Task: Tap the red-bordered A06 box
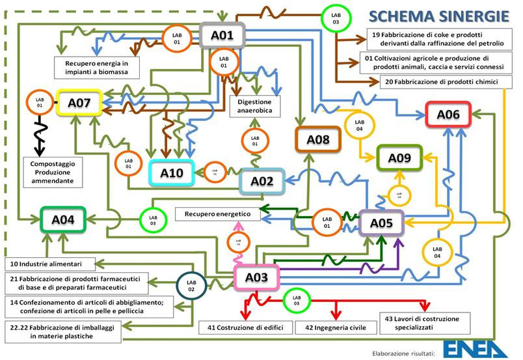click(448, 115)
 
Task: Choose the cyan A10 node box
click(172, 173)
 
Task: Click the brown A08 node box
click(318, 139)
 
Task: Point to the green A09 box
click(399, 158)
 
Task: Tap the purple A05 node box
click(382, 224)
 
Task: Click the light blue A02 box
click(262, 182)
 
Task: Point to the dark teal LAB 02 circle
click(191, 284)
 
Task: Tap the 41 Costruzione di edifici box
click(245, 327)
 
